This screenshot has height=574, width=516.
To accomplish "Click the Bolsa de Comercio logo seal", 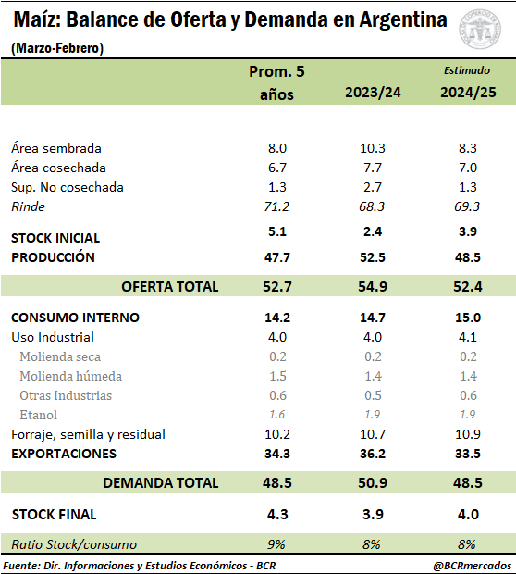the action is [480, 30].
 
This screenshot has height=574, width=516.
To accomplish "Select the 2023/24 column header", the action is [373, 93].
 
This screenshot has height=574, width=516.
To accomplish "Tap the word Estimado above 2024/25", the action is [467, 70].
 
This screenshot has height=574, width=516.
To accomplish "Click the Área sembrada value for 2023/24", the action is [373, 148].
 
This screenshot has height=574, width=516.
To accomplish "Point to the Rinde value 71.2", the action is [276, 206].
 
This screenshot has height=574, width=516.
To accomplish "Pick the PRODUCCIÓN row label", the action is [53, 257].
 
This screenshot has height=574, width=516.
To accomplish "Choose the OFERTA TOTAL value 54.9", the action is [373, 286].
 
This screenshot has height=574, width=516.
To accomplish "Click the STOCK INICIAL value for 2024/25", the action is [468, 231].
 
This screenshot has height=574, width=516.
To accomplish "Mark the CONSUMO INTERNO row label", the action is [75, 318].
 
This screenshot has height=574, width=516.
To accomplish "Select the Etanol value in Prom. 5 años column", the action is [276, 415].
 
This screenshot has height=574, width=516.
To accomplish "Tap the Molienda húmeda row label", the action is [70, 376].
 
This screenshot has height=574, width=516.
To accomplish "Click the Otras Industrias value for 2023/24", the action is [373, 395].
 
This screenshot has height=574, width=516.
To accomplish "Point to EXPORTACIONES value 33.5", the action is [468, 454].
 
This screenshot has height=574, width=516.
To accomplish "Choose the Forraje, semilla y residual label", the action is [88, 434].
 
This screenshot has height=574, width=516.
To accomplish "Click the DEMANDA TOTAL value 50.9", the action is [373, 483].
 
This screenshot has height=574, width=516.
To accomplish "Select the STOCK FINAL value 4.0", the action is [468, 515].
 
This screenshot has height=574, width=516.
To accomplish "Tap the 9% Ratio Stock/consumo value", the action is [276, 544].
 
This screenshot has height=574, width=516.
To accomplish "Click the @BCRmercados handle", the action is [472, 566].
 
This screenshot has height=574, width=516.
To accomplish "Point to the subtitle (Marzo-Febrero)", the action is [57, 48].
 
